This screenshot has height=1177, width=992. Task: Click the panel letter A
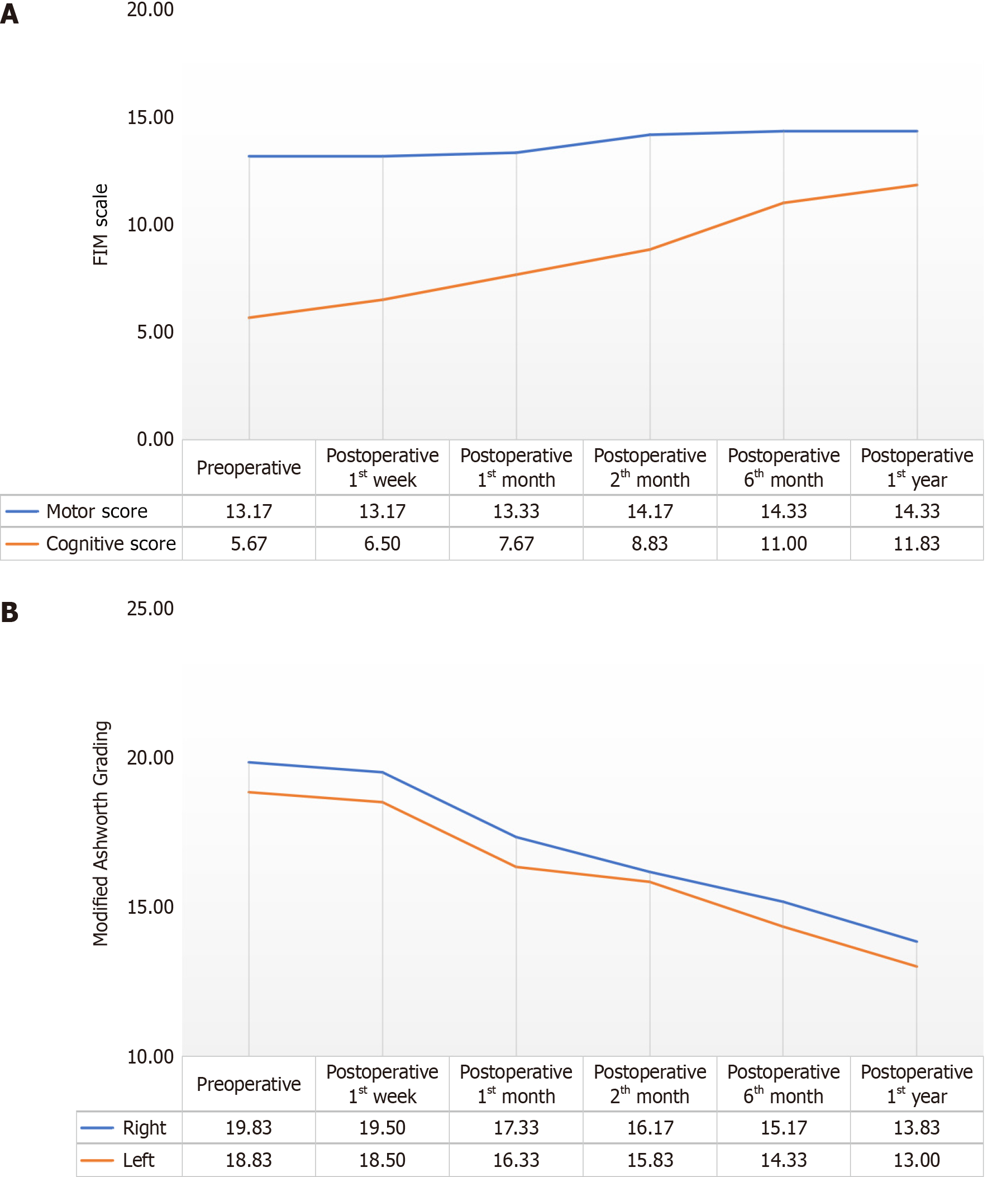coord(9,13)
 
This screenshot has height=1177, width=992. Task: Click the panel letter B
coord(9,612)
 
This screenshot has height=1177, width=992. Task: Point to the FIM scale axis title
coord(101,225)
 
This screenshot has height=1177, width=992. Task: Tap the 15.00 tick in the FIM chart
coord(150,117)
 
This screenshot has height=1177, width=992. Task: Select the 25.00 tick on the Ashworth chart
coord(150,609)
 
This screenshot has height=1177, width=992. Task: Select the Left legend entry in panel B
coord(139,1160)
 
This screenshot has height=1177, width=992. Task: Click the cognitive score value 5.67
coord(249,544)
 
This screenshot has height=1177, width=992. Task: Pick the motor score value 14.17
coord(650,511)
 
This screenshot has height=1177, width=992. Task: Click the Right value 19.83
coord(249,1128)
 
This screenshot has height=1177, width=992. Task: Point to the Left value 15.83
coord(650,1160)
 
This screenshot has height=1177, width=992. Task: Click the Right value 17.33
coord(516,1128)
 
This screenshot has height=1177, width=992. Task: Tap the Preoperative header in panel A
coord(249,468)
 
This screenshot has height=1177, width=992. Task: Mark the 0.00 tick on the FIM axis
coord(155,439)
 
